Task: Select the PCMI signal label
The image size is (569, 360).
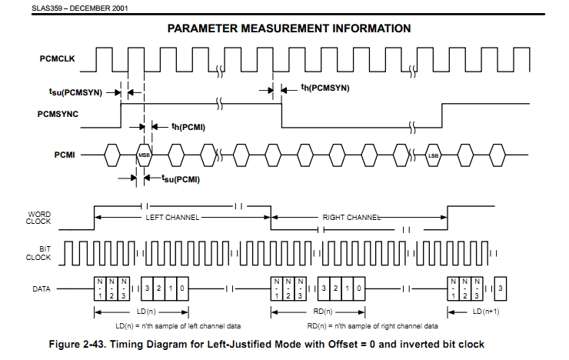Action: point(64,155)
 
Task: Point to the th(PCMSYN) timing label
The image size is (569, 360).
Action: point(325,88)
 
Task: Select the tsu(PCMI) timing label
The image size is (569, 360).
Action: point(181,179)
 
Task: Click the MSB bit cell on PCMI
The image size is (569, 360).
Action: point(144,155)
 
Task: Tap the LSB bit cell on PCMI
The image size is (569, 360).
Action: point(433,155)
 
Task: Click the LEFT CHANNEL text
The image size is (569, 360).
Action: point(172,218)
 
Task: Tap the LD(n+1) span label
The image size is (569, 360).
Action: point(486,312)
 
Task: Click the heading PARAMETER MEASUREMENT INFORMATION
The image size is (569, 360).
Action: point(288,28)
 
